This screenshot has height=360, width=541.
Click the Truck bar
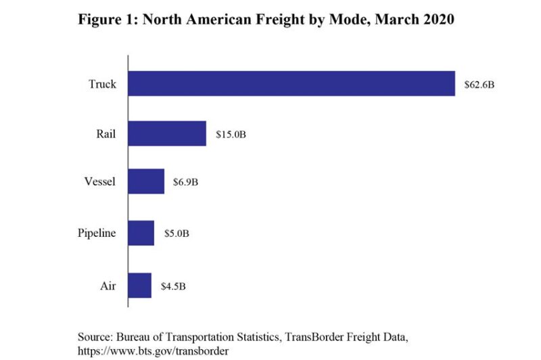pyautogui.click(x=291, y=84)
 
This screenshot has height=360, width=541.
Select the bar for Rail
pyautogui.click(x=167, y=134)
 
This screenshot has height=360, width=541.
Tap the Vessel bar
pyautogui.click(x=146, y=182)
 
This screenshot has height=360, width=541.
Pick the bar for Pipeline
pyautogui.click(x=141, y=233)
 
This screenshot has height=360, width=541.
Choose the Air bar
pyautogui.click(x=140, y=286)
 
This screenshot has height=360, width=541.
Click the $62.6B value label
pyautogui.click(x=479, y=85)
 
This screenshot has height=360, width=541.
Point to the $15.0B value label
pyautogui.click(x=231, y=135)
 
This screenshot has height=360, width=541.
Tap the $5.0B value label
pyautogui.click(x=177, y=234)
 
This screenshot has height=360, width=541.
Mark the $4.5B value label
pyautogui.click(x=173, y=286)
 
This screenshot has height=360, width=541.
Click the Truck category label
pyautogui.click(x=102, y=85)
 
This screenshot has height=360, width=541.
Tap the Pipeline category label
pyautogui.click(x=96, y=234)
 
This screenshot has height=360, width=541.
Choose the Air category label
pyautogui.click(x=108, y=286)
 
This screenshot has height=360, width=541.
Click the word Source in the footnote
pyautogui.click(x=97, y=337)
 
